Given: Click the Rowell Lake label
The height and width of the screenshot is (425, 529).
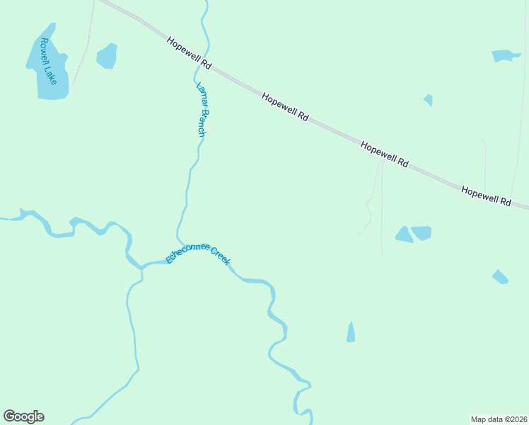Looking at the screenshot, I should [x=48, y=61].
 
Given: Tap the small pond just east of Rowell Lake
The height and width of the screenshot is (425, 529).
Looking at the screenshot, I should [x=107, y=56].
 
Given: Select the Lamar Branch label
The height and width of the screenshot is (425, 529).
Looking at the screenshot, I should [x=203, y=110].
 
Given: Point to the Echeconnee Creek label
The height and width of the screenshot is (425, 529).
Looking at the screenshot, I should [x=198, y=253].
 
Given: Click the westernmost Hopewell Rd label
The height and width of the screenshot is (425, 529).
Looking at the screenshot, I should [x=190, y=53].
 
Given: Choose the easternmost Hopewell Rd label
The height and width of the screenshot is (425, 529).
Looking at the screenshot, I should [x=486, y=196].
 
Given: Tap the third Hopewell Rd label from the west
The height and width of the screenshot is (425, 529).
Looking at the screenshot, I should [x=384, y=154].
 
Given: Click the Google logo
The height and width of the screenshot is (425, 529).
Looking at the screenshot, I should [x=23, y=416].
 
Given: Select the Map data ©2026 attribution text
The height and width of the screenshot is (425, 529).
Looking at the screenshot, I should [x=499, y=419].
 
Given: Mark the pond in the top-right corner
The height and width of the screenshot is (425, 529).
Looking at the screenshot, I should [x=505, y=55].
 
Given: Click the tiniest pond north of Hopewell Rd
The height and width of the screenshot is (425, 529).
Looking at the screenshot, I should [x=429, y=100].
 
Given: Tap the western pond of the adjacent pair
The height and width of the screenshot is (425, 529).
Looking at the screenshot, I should [x=404, y=235].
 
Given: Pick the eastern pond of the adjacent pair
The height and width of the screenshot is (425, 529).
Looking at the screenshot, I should [x=422, y=232].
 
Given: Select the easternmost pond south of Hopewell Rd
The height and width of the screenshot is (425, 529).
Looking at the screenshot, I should [x=500, y=277].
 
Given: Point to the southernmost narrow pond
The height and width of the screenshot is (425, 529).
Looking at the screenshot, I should [x=351, y=331].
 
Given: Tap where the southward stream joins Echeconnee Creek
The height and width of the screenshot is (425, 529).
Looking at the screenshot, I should [x=141, y=267].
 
